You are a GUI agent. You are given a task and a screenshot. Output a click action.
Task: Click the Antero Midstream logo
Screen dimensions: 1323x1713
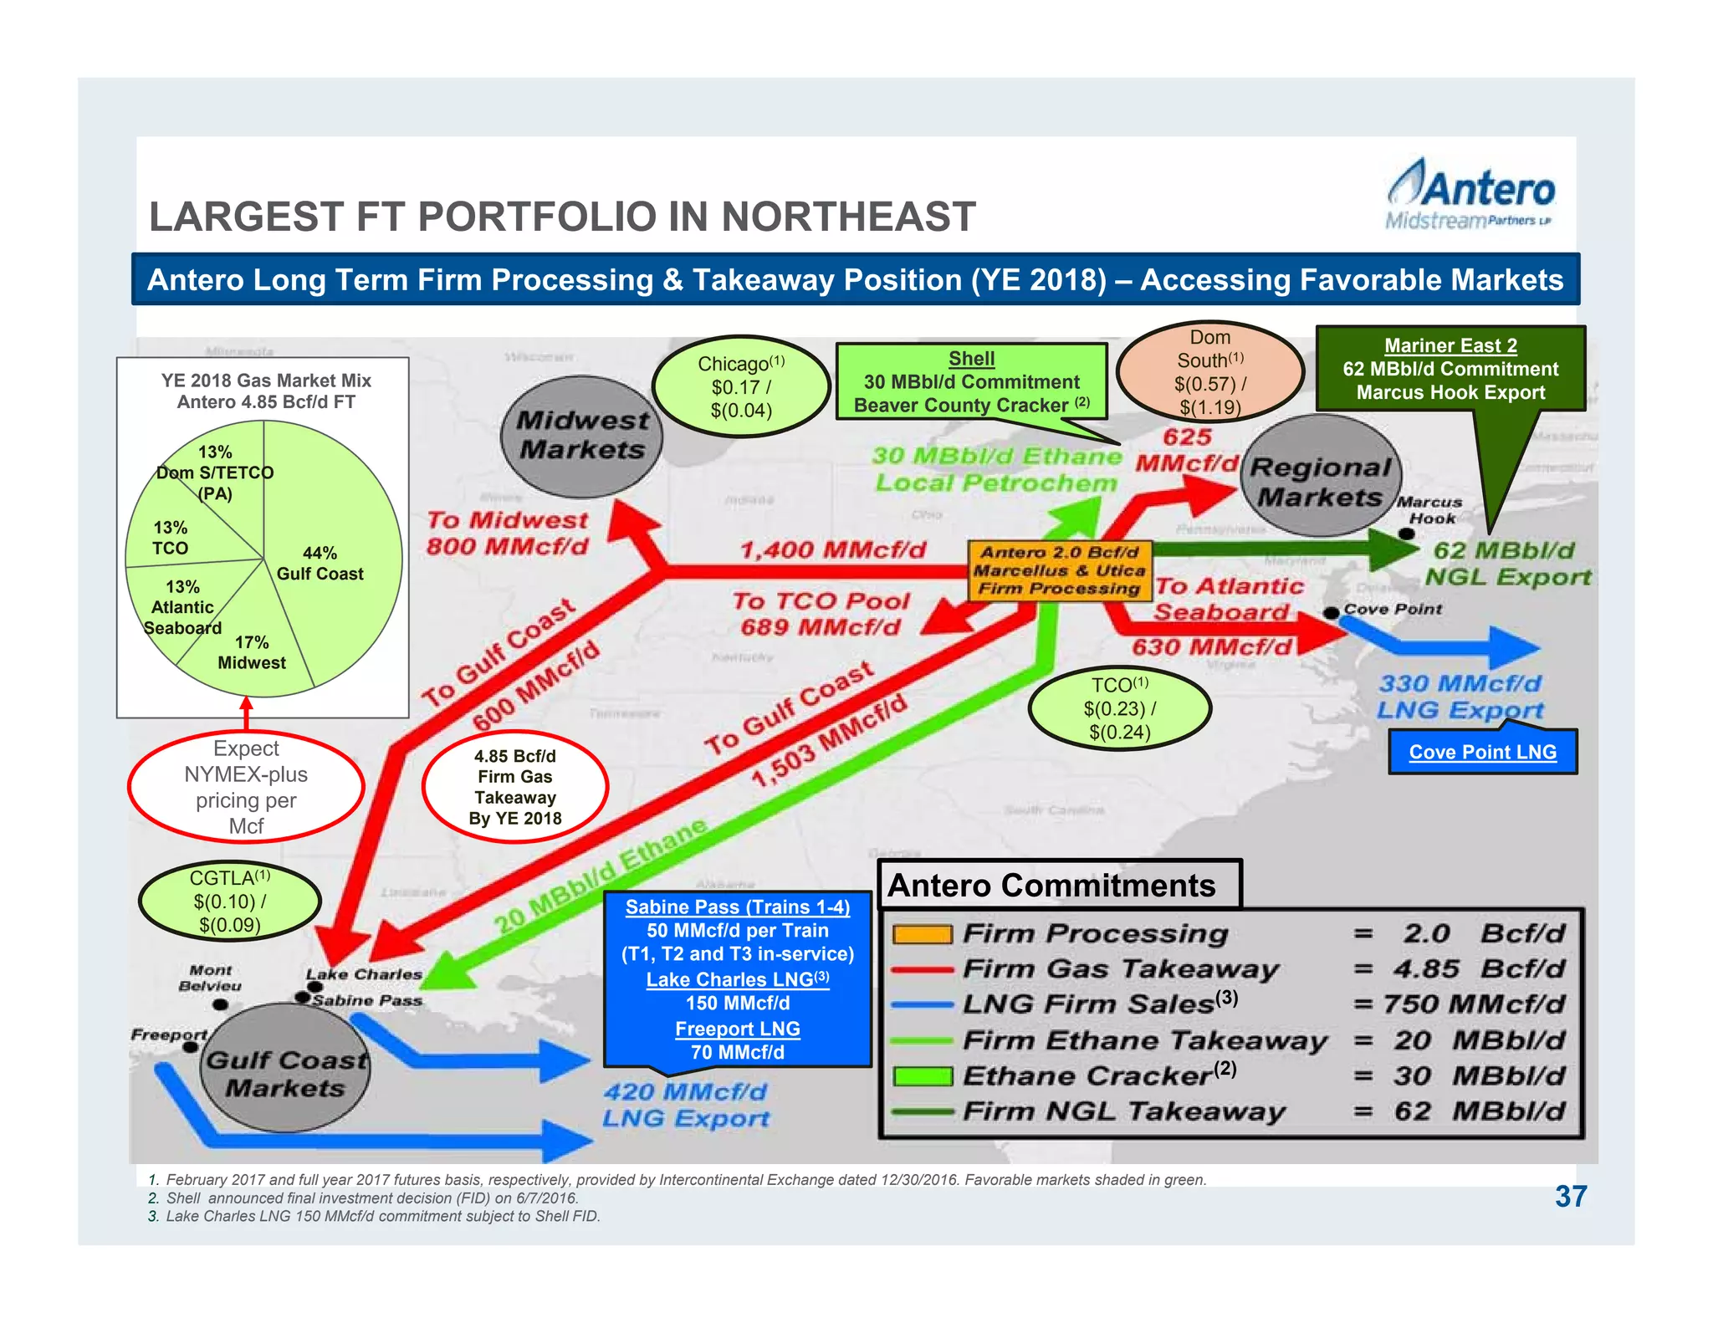click(x=1470, y=195)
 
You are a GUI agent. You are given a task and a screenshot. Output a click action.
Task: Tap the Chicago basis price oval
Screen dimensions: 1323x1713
click(x=741, y=386)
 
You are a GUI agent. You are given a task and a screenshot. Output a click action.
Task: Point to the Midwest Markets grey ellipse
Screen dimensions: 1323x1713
click(x=581, y=436)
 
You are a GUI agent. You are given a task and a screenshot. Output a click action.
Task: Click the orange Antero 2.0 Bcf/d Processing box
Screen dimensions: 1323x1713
click(x=1060, y=570)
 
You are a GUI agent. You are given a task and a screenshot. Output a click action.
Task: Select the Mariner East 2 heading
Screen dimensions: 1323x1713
click(x=1450, y=345)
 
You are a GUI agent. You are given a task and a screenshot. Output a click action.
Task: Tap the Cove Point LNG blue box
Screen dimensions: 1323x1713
click(x=1482, y=752)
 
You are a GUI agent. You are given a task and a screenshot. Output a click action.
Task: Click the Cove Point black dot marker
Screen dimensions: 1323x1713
click(x=1331, y=613)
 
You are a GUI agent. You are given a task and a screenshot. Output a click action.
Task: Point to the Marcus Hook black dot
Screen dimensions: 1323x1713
click(x=1407, y=534)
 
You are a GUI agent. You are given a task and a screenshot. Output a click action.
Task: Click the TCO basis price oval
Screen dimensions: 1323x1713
click(x=1119, y=708)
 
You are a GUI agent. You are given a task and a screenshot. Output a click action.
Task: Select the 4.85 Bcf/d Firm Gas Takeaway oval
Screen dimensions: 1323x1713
click(x=514, y=787)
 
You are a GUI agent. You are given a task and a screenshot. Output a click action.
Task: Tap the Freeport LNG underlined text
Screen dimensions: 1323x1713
click(x=737, y=1029)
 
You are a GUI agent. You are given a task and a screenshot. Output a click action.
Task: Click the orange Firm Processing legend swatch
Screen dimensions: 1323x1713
click(x=922, y=934)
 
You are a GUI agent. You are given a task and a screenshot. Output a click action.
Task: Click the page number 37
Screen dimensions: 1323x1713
click(x=1570, y=1196)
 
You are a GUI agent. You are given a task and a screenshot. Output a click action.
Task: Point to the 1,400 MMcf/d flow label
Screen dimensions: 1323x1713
click(x=832, y=549)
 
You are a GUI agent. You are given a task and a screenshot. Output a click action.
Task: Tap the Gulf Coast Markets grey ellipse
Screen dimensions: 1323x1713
click(x=285, y=1073)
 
